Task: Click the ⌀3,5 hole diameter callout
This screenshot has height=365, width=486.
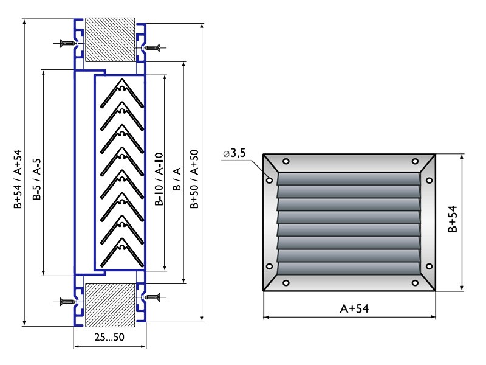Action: click(234, 153)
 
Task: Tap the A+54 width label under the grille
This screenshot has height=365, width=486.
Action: click(355, 309)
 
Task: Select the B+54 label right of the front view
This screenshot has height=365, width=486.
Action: click(453, 219)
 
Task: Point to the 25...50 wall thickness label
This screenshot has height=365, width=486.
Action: click(109, 337)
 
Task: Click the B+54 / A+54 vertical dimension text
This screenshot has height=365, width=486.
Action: click(18, 179)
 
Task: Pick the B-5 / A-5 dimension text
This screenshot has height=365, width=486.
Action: click(37, 179)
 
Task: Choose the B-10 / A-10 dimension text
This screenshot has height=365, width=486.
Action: click(159, 179)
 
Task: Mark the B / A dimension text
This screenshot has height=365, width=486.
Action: click(176, 179)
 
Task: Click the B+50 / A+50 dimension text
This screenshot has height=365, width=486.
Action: click(194, 179)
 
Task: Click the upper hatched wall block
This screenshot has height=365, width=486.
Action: click(110, 40)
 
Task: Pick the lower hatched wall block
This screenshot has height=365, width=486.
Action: click(110, 305)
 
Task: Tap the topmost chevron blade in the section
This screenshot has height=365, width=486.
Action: click(122, 93)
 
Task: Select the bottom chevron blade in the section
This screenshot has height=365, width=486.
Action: click(122, 252)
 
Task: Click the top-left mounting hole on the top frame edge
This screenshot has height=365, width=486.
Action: click(286, 161)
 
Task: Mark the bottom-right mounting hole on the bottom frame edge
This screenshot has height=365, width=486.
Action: click(415, 283)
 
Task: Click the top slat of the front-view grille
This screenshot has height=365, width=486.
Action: click(348, 179)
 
